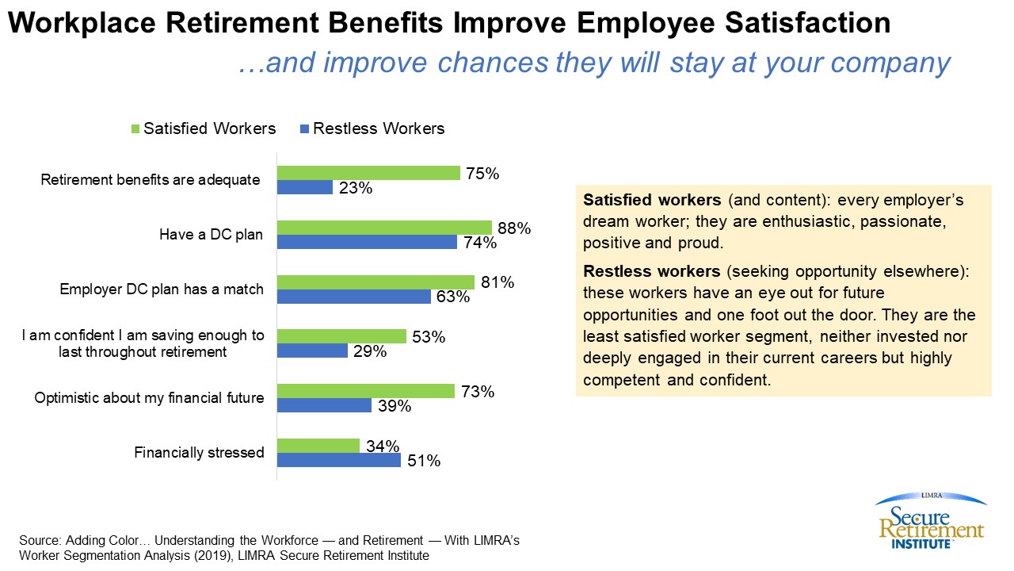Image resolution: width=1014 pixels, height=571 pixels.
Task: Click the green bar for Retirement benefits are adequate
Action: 368,173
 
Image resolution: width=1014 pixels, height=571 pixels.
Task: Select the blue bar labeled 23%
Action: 305,188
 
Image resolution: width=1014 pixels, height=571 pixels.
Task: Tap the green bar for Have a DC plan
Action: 384,228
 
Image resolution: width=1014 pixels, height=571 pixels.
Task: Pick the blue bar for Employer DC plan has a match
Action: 353,297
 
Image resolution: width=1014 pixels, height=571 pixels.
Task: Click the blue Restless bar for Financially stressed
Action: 339,460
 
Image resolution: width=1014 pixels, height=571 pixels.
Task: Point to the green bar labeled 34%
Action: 318,445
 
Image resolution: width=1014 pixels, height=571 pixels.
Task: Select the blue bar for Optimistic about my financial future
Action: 324,405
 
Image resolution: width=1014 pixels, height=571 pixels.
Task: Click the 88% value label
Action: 514,228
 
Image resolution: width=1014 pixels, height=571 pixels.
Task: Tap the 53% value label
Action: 429,337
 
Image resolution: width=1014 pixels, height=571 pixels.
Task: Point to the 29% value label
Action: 370,351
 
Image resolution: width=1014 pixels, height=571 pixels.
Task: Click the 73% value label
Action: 478,391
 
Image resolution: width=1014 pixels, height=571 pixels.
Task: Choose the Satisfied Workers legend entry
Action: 203,128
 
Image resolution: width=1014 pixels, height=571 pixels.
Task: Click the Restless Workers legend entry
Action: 372,128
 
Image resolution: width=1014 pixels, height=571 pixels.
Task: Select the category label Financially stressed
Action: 199,453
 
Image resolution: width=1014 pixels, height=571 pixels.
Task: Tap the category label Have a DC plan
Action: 211,235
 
